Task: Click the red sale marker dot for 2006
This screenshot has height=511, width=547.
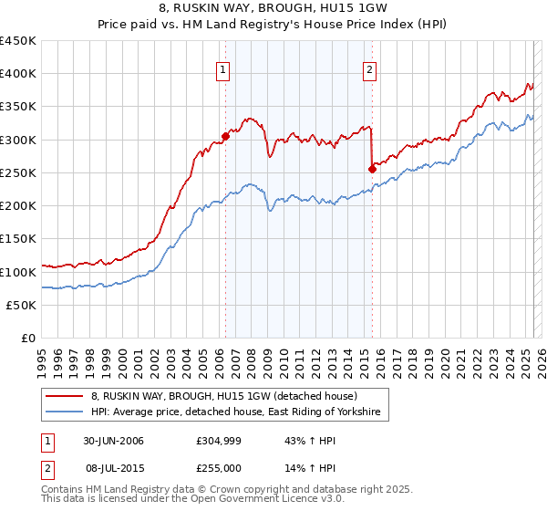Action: pyautogui.click(x=224, y=136)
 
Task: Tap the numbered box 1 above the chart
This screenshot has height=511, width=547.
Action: pyautogui.click(x=223, y=68)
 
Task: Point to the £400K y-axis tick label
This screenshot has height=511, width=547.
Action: pyautogui.click(x=18, y=74)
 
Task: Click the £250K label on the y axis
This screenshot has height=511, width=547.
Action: pyautogui.click(x=18, y=173)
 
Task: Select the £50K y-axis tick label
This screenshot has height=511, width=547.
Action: pyautogui.click(x=22, y=306)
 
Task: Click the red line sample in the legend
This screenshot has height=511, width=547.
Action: pyautogui.click(x=64, y=397)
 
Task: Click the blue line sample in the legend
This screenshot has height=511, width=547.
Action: pyautogui.click(x=64, y=413)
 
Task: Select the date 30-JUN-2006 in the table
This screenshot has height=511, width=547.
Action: pyautogui.click(x=113, y=441)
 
